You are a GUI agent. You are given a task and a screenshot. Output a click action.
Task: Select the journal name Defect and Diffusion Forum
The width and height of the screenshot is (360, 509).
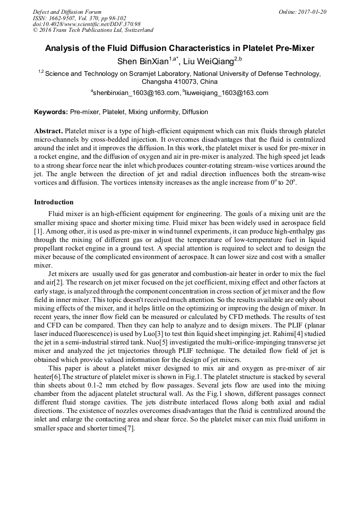click(67, 12)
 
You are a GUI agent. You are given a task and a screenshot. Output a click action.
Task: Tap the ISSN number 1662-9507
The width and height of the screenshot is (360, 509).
click(63, 18)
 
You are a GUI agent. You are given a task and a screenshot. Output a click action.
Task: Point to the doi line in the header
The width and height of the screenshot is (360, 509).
click(87, 24)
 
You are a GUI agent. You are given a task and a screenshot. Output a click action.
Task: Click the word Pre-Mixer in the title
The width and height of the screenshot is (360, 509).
click(295, 48)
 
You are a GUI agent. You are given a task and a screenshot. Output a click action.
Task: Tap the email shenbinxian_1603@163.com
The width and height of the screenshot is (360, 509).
click(136, 93)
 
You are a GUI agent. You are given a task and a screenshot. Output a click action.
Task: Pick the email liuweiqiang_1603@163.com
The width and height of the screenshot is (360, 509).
click(227, 93)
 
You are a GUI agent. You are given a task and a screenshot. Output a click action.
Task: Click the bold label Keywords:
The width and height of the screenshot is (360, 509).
click(51, 112)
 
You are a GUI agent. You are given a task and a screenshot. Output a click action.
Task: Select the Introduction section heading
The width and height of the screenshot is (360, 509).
click(54, 202)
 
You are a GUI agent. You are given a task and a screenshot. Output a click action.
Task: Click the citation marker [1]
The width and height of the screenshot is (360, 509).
click(38, 229)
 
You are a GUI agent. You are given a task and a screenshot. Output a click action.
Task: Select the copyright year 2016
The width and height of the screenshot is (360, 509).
click(46, 30)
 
